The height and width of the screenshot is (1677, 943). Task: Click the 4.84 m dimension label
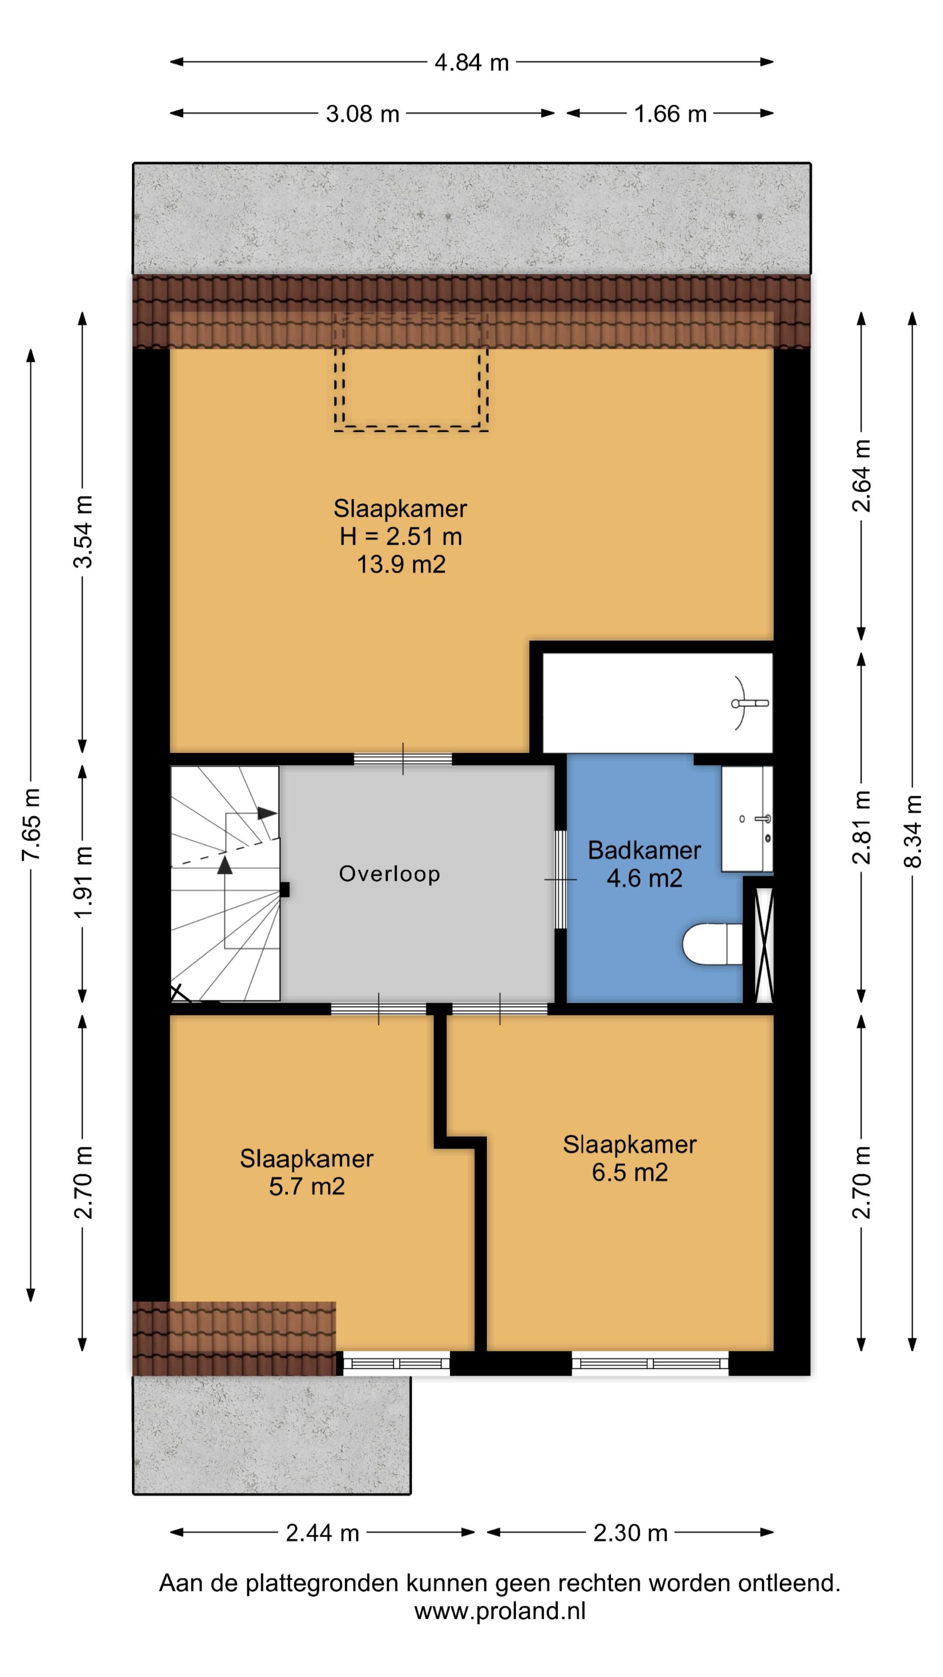tap(471, 62)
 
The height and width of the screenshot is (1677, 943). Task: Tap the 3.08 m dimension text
tap(362, 114)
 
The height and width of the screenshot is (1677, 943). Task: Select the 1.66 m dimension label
tap(670, 114)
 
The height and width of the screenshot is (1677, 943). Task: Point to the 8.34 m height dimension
tap(912, 832)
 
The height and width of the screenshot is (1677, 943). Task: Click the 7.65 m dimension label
tap(31, 824)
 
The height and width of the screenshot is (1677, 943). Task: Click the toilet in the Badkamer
tap(712, 944)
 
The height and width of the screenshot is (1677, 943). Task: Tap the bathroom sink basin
tap(747, 819)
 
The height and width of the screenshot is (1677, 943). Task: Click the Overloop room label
tap(389, 873)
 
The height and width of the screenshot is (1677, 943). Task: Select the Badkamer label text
tap(644, 850)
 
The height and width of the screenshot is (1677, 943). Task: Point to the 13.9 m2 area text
tap(401, 564)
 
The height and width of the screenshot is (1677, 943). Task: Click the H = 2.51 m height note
tap(401, 536)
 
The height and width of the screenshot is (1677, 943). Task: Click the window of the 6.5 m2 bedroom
tap(650, 1363)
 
